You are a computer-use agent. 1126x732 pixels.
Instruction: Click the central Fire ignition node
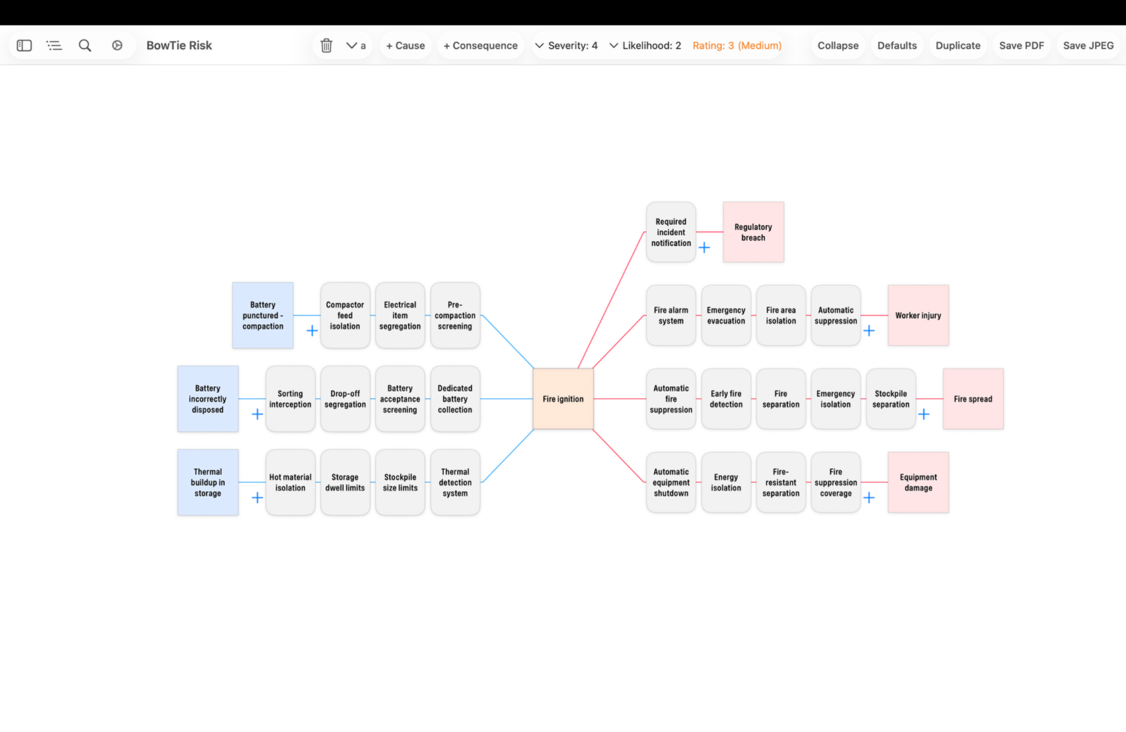[x=563, y=399]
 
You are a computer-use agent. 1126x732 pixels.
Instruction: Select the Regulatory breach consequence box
[x=753, y=232]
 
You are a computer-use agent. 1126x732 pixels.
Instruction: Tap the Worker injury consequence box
[x=918, y=315]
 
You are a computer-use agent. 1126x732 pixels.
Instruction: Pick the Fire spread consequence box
[x=973, y=399]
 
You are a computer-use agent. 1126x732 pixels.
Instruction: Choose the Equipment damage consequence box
[x=918, y=482]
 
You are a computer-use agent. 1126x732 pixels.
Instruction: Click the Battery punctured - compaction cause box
[x=262, y=315]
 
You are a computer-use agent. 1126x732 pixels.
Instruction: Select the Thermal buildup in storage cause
[x=207, y=482]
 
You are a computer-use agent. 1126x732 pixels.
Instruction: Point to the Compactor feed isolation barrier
[x=345, y=315]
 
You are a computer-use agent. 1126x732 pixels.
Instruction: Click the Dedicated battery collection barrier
[x=455, y=399]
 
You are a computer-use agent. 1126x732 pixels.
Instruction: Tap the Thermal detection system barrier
[x=455, y=482]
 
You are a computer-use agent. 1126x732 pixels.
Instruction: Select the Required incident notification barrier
[x=671, y=232]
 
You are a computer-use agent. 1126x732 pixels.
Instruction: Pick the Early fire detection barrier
[x=726, y=399]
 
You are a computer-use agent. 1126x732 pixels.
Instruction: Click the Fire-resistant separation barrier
[x=781, y=482]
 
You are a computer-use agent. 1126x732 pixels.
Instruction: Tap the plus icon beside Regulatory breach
[x=704, y=247]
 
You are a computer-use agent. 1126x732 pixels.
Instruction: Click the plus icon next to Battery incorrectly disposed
[x=257, y=414]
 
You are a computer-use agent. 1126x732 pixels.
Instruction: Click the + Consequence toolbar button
[x=480, y=46]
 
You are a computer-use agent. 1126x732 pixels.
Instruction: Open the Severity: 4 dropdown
[x=567, y=46]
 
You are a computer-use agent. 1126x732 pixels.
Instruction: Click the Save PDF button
[x=1021, y=46]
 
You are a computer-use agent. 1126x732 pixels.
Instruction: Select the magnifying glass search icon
[x=85, y=46]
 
